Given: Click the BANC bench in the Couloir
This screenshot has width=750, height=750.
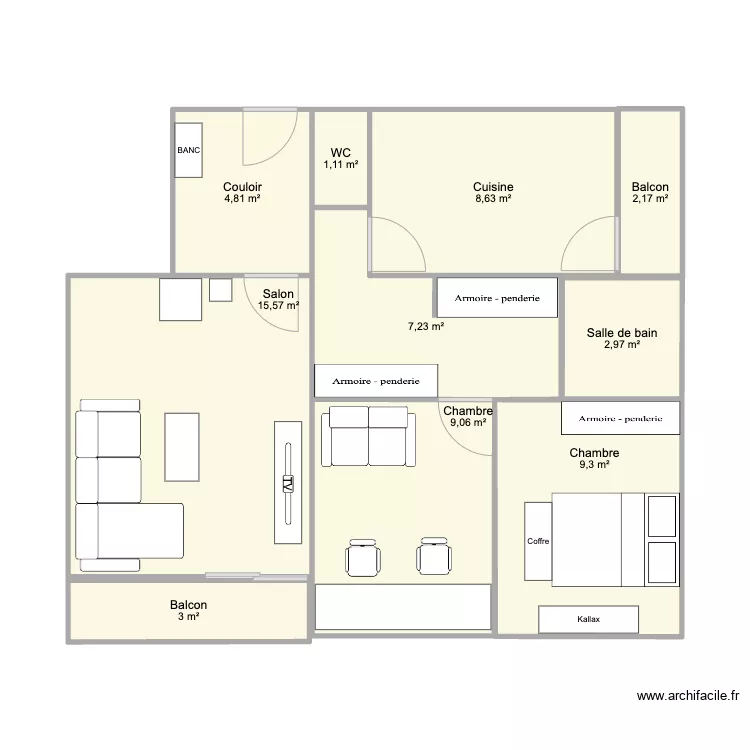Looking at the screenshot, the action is pyautogui.click(x=188, y=150).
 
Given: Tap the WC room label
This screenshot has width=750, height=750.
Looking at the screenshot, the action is pyautogui.click(x=341, y=153).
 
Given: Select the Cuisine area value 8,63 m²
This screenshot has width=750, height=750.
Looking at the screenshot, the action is pyautogui.click(x=493, y=199).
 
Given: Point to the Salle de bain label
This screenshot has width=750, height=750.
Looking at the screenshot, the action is pyautogui.click(x=622, y=332).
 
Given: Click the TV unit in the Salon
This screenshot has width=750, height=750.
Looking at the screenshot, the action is pyautogui.click(x=288, y=483).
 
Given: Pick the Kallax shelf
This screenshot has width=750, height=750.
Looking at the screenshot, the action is pyautogui.click(x=588, y=619).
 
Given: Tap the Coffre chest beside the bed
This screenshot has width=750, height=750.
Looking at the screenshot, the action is pyautogui.click(x=538, y=541).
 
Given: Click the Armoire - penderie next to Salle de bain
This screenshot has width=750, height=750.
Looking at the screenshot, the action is pyautogui.click(x=497, y=298).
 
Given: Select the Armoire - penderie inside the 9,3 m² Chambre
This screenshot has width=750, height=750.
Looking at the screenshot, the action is pyautogui.click(x=620, y=418).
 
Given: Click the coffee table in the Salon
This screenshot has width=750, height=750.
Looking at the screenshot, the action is pyautogui.click(x=182, y=447).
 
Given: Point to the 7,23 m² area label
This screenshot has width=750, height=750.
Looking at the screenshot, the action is pyautogui.click(x=426, y=327).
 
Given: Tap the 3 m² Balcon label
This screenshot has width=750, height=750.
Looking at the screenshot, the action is pyautogui.click(x=188, y=611).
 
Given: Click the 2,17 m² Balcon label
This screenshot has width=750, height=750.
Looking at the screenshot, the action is pyautogui.click(x=650, y=193).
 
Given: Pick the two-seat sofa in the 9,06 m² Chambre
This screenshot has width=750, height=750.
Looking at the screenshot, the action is pyautogui.click(x=368, y=436).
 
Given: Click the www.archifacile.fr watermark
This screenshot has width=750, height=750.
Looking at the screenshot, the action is pyautogui.click(x=688, y=696).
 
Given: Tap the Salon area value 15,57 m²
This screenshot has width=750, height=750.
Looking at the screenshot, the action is pyautogui.click(x=278, y=305).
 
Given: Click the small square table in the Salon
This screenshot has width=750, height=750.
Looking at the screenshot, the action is pyautogui.click(x=221, y=290).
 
